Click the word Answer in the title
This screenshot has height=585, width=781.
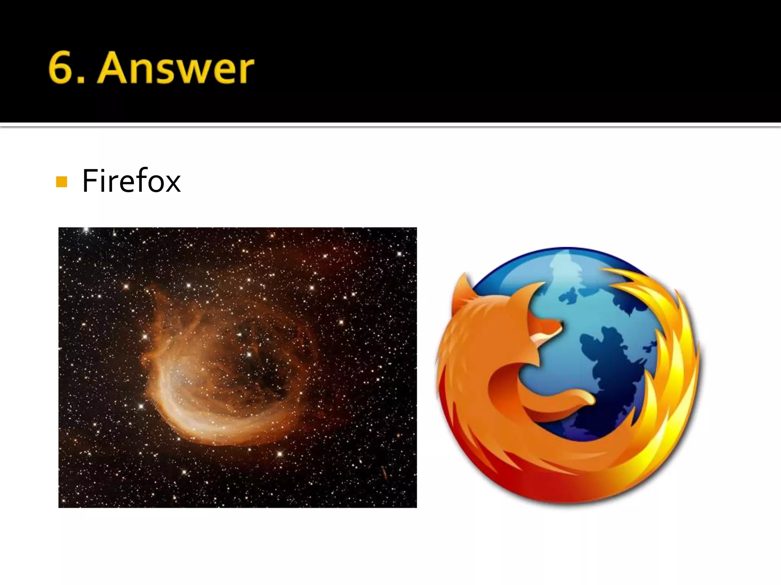point(175,69)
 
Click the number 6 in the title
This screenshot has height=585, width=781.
point(61,69)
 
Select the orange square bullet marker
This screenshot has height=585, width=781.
point(61,182)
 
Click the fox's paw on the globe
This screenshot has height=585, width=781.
point(583,400)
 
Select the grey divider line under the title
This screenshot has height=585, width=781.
point(390,125)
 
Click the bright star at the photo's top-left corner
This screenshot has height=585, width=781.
point(86,230)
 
